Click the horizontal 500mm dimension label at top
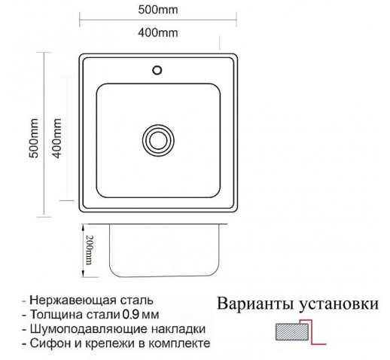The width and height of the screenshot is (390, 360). point(158,10)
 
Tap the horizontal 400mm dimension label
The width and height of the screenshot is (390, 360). point(158,32)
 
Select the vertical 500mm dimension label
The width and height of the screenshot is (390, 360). point(34,138)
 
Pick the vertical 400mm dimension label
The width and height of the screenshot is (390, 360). point(56,138)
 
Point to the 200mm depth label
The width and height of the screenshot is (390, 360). point(89,250)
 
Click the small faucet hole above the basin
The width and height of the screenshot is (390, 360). point(157,70)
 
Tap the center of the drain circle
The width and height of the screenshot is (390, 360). point(158,140)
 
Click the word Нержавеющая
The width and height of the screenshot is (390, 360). point(73,301)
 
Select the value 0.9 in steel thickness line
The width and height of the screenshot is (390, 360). point(130,315)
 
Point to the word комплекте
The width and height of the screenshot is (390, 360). point(179,343)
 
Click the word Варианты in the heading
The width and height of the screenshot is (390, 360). point(255,304)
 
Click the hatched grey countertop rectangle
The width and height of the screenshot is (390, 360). point(292,331)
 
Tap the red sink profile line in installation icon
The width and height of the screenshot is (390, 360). point(312,331)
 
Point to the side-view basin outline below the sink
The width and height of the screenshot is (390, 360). point(164,276)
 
